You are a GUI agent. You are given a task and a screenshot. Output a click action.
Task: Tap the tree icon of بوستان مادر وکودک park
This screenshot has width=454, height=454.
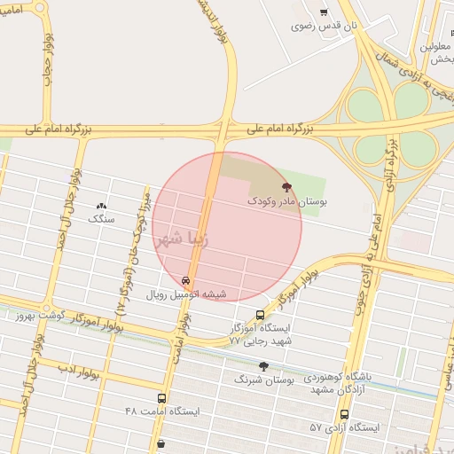click(286, 187)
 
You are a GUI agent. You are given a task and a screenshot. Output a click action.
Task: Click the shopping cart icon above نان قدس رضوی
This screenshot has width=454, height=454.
click(323, 12)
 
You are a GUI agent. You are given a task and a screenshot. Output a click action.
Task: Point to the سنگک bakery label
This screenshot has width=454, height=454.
click(102, 217)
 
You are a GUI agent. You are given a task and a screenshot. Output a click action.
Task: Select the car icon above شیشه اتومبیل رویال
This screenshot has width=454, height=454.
click(184, 280)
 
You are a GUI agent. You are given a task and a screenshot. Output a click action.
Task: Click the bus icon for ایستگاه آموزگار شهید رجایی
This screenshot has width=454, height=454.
click(260, 315)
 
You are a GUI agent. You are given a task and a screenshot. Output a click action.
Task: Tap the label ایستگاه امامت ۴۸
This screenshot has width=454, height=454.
click(162, 412)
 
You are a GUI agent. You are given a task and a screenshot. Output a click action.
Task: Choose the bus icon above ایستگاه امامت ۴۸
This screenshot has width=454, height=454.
click(161, 399)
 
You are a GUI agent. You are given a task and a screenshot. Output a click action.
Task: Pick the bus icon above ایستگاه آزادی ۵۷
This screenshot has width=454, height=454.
click(344, 414)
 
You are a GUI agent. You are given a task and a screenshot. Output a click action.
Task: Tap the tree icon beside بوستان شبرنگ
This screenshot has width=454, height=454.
click(263, 366)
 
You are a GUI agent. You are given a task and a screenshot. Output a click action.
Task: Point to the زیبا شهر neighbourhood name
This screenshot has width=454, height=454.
click(182, 239)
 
